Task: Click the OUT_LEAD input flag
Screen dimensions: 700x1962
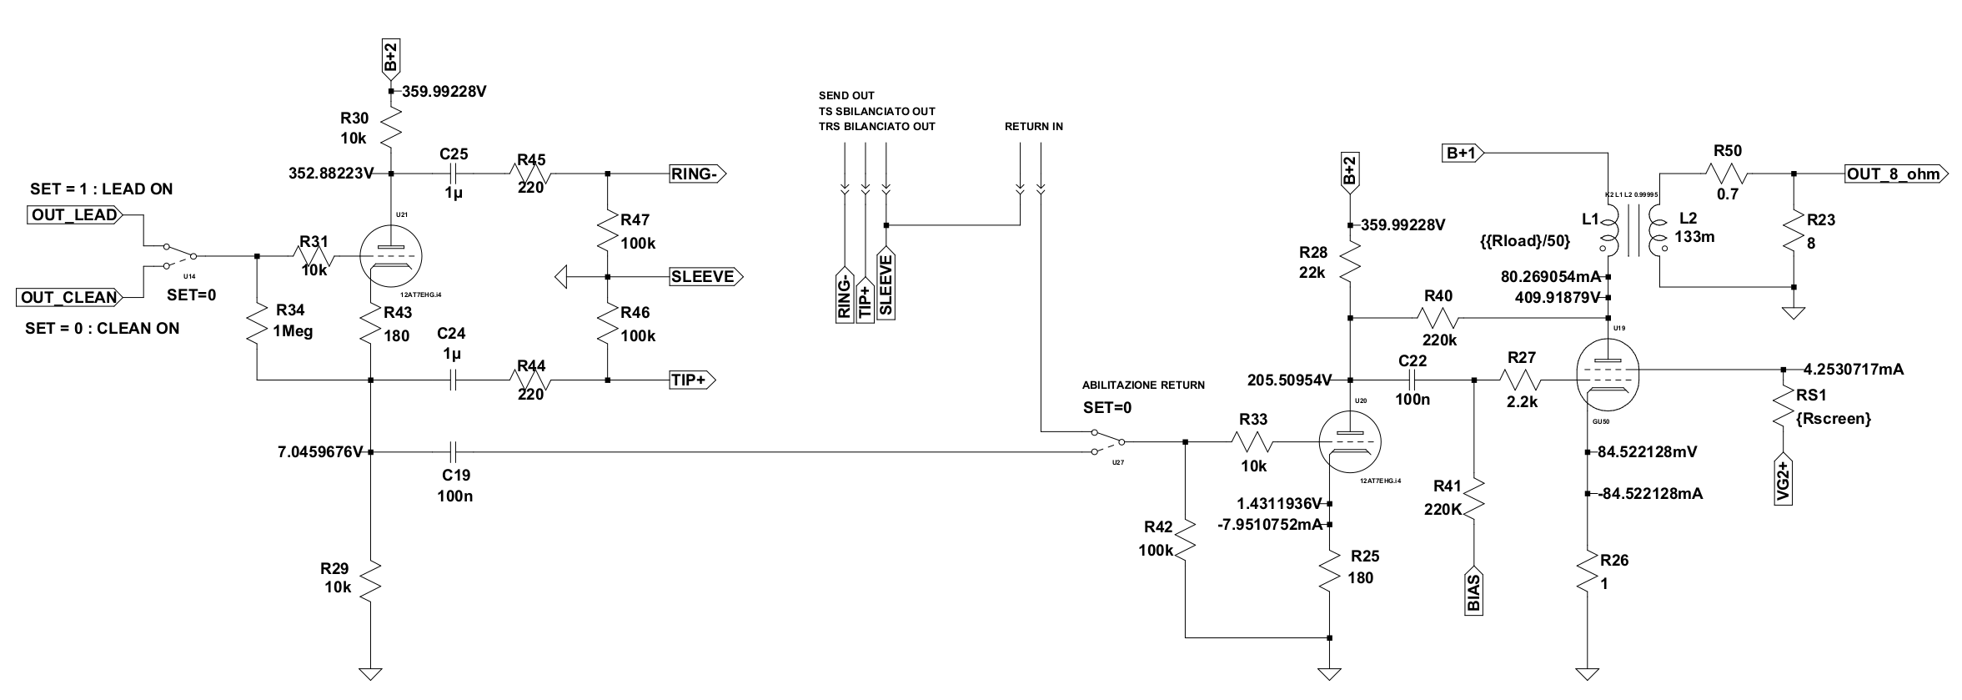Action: pyautogui.click(x=74, y=215)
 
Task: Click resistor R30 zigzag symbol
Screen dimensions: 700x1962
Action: pyautogui.click(x=392, y=129)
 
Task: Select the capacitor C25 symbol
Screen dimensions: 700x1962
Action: pyautogui.click(x=454, y=174)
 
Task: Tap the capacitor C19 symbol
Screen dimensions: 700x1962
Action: pyautogui.click(x=454, y=452)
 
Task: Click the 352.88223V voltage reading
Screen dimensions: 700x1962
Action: pyautogui.click(x=330, y=174)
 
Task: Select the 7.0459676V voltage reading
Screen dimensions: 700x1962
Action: pyautogui.click(x=320, y=452)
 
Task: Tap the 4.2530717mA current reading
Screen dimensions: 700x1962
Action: pyautogui.click(x=1853, y=369)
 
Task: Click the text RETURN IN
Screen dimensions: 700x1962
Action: pyautogui.click(x=1033, y=127)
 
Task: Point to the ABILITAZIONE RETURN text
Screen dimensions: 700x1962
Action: pyautogui.click(x=1143, y=385)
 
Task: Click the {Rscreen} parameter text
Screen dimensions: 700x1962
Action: pyautogui.click(x=1838, y=418)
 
